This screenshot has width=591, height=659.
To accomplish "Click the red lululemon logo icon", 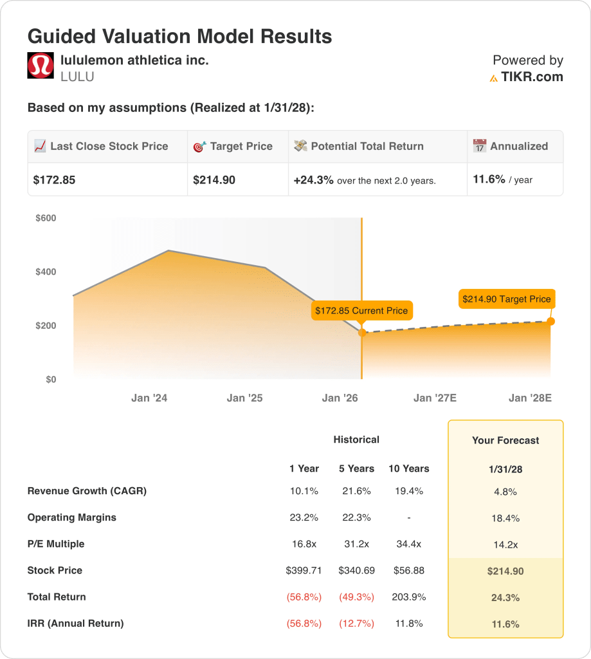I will (x=41, y=66).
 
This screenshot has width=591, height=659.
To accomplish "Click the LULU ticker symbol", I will (x=77, y=77).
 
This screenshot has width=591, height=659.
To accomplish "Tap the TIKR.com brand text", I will (x=532, y=77).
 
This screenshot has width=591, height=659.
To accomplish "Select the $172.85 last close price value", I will (x=54, y=180).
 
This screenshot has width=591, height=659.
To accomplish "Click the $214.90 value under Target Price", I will (x=214, y=180).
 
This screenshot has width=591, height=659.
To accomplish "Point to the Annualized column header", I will (x=518, y=146).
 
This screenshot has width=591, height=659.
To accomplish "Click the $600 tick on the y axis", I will (x=46, y=218).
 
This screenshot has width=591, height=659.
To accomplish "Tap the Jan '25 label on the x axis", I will (x=244, y=398).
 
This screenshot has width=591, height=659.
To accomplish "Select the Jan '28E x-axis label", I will (x=530, y=398).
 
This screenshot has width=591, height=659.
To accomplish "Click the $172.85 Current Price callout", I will (x=361, y=310).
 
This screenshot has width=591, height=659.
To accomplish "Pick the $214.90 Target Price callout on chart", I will (x=506, y=299).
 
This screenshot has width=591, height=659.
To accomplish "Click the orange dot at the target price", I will (x=550, y=321).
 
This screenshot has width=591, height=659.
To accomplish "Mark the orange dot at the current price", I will (x=362, y=333).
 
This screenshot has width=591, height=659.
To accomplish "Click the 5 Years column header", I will (x=356, y=469).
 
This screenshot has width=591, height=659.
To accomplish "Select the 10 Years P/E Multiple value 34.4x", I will (x=408, y=544).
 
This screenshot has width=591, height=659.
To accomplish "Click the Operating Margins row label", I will (x=72, y=517).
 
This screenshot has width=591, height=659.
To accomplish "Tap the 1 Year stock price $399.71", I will (x=304, y=570).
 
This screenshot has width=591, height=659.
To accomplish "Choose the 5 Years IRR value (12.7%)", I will (x=356, y=623).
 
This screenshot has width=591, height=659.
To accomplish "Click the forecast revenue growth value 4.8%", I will (x=505, y=492).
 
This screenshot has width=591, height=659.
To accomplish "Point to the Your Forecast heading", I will (x=505, y=440).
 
